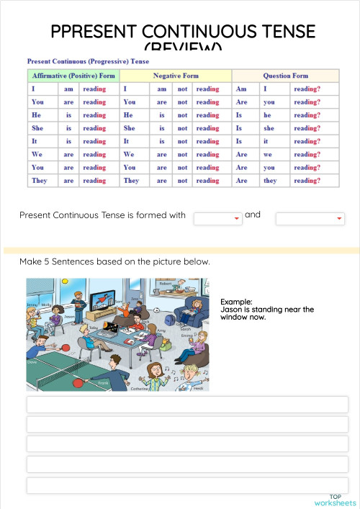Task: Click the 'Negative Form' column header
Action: pyautogui.click(x=176, y=76)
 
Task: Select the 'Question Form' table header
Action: pyautogui.click(x=286, y=76)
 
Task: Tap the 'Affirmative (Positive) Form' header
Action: pyautogui.click(x=73, y=76)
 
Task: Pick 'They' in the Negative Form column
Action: pyautogui.click(x=131, y=181)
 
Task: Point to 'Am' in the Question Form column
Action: pyautogui.click(x=241, y=89)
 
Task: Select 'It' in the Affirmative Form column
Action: pyautogui.click(x=35, y=141)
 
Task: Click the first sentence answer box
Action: pyautogui.click(x=187, y=405)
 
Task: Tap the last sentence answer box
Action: pyautogui.click(x=187, y=485)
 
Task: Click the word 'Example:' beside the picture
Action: pyautogui.click(x=236, y=302)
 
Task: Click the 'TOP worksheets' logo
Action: pyautogui.click(x=335, y=500)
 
